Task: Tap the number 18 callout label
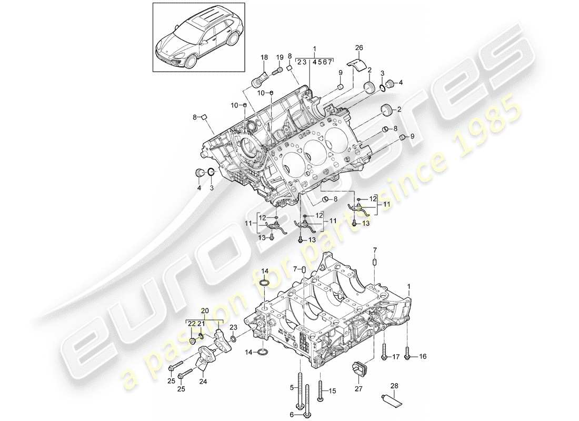click(x=264, y=56)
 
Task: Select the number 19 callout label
click(x=279, y=56)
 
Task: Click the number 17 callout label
click(x=396, y=357)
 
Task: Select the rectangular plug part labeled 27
click(x=360, y=367)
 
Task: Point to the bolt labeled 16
click(x=408, y=351)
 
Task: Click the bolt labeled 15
click(x=320, y=391)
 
